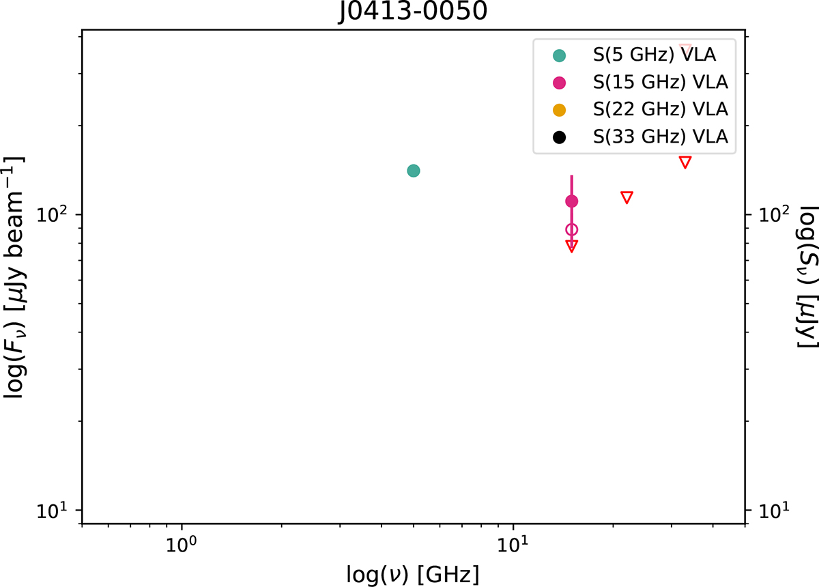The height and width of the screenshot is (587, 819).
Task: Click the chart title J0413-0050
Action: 414,12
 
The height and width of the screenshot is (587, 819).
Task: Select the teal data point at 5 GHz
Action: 413,171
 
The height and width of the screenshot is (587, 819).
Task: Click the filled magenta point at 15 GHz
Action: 572,201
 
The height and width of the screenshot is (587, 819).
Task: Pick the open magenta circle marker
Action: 572,229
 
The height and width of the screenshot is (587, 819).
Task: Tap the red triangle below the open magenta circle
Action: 572,246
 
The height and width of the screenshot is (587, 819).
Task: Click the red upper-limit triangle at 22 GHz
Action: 627,197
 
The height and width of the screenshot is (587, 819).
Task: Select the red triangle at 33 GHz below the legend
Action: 685,162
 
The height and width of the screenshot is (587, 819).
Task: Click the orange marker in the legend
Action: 560,109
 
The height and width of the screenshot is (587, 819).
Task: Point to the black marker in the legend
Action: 560,137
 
